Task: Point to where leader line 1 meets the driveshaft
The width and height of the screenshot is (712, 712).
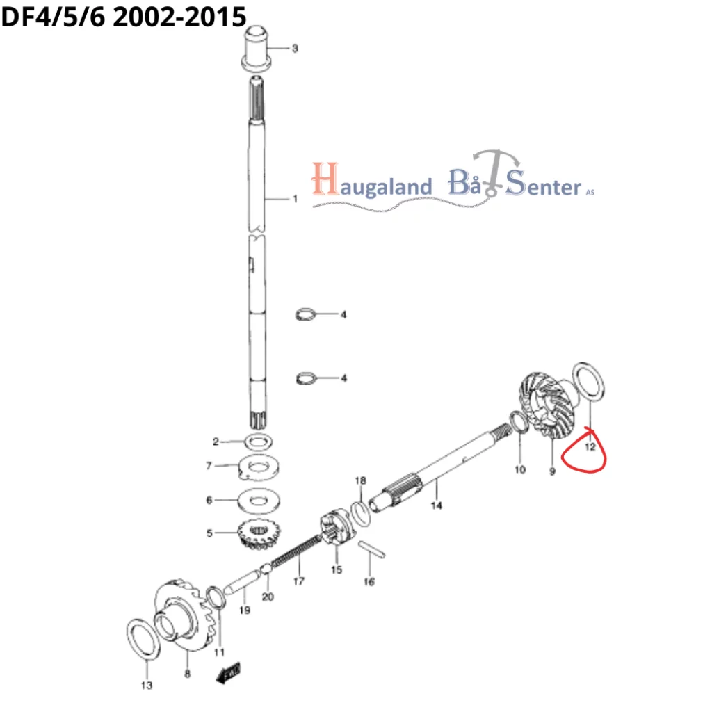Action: tap(264, 199)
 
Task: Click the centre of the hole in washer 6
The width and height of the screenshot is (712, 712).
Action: tap(259, 501)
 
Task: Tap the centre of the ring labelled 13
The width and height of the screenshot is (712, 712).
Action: tap(143, 638)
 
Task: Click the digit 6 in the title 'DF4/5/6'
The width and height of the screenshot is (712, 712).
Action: tap(97, 17)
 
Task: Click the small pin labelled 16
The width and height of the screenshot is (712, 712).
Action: tap(371, 549)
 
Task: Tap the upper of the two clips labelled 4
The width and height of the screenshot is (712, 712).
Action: tap(305, 314)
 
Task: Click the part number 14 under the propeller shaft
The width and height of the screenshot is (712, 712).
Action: tap(437, 505)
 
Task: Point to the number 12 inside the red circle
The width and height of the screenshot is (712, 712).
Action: tap(590, 447)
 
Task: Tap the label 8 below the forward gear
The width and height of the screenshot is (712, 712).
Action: tap(187, 674)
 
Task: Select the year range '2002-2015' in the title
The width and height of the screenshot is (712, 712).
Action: tap(179, 17)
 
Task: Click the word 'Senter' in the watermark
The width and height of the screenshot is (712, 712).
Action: tap(543, 184)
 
